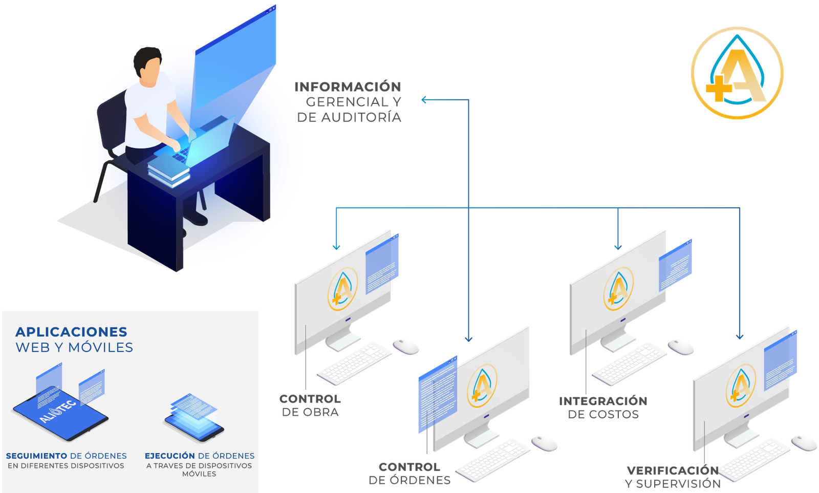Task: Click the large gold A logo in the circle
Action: tap(737, 73)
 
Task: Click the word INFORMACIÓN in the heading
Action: tap(348, 87)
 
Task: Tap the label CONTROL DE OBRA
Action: tap(310, 405)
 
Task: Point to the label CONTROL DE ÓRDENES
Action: tap(409, 474)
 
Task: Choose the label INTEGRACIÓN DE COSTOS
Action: tap(603, 408)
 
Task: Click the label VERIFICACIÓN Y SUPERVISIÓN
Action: tap(673, 477)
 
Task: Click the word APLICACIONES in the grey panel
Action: tap(71, 332)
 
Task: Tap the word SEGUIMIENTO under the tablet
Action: tap(37, 456)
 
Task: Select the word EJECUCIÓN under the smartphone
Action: tap(170, 456)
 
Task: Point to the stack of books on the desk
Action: tap(169, 169)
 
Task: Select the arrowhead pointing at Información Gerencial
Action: tap(424, 100)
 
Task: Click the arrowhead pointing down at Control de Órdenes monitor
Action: tap(468, 339)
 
